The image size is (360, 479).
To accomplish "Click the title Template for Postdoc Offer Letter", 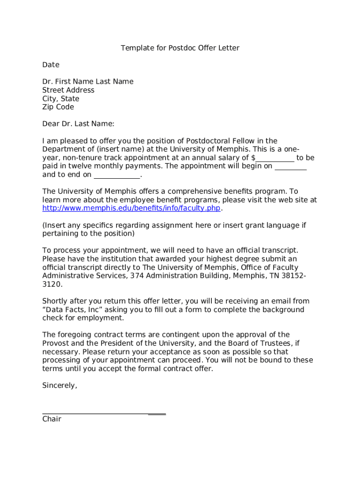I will coord(180,48).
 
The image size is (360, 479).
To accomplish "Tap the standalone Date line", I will coord(51,65).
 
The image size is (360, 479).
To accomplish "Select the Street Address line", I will coord(68,90).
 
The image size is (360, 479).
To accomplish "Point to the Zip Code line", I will coord(58,107).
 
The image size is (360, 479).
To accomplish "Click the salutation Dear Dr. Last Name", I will coord(78,124).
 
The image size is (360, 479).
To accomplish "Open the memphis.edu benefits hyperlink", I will coord(131,208).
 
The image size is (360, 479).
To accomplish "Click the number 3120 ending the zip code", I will coord(51,284).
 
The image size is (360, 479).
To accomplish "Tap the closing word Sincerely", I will coord(59,385).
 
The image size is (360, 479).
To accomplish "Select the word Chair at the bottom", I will coord(52,419).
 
